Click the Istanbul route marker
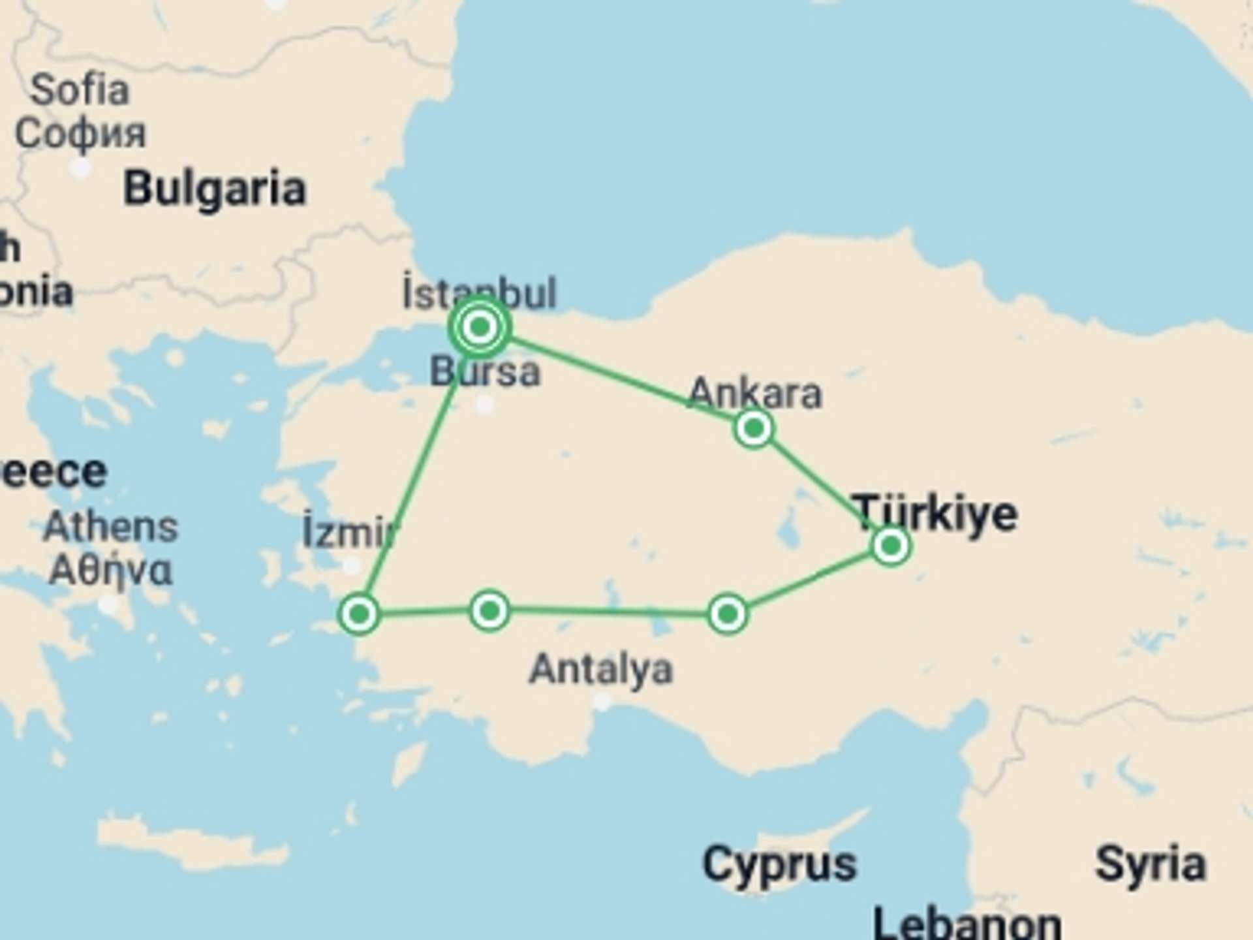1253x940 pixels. point(480,326)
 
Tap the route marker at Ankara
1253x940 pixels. point(754,429)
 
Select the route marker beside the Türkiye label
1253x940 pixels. point(891,545)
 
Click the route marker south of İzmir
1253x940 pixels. point(359,614)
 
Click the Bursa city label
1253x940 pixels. point(485,372)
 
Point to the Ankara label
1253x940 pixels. point(755,393)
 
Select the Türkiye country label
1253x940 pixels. point(935,513)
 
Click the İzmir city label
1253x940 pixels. point(349,533)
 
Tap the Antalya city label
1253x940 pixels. point(600,670)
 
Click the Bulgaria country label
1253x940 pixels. point(215,189)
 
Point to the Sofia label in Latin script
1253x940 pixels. point(80,89)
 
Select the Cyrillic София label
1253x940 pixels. point(80,134)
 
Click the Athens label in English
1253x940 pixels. point(110,527)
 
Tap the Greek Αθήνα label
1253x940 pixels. point(111,571)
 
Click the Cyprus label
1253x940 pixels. point(779,864)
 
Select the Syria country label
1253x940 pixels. point(1150,864)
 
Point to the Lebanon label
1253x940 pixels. point(967,924)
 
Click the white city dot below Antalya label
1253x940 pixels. point(602,702)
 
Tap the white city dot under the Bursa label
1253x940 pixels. point(484,405)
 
